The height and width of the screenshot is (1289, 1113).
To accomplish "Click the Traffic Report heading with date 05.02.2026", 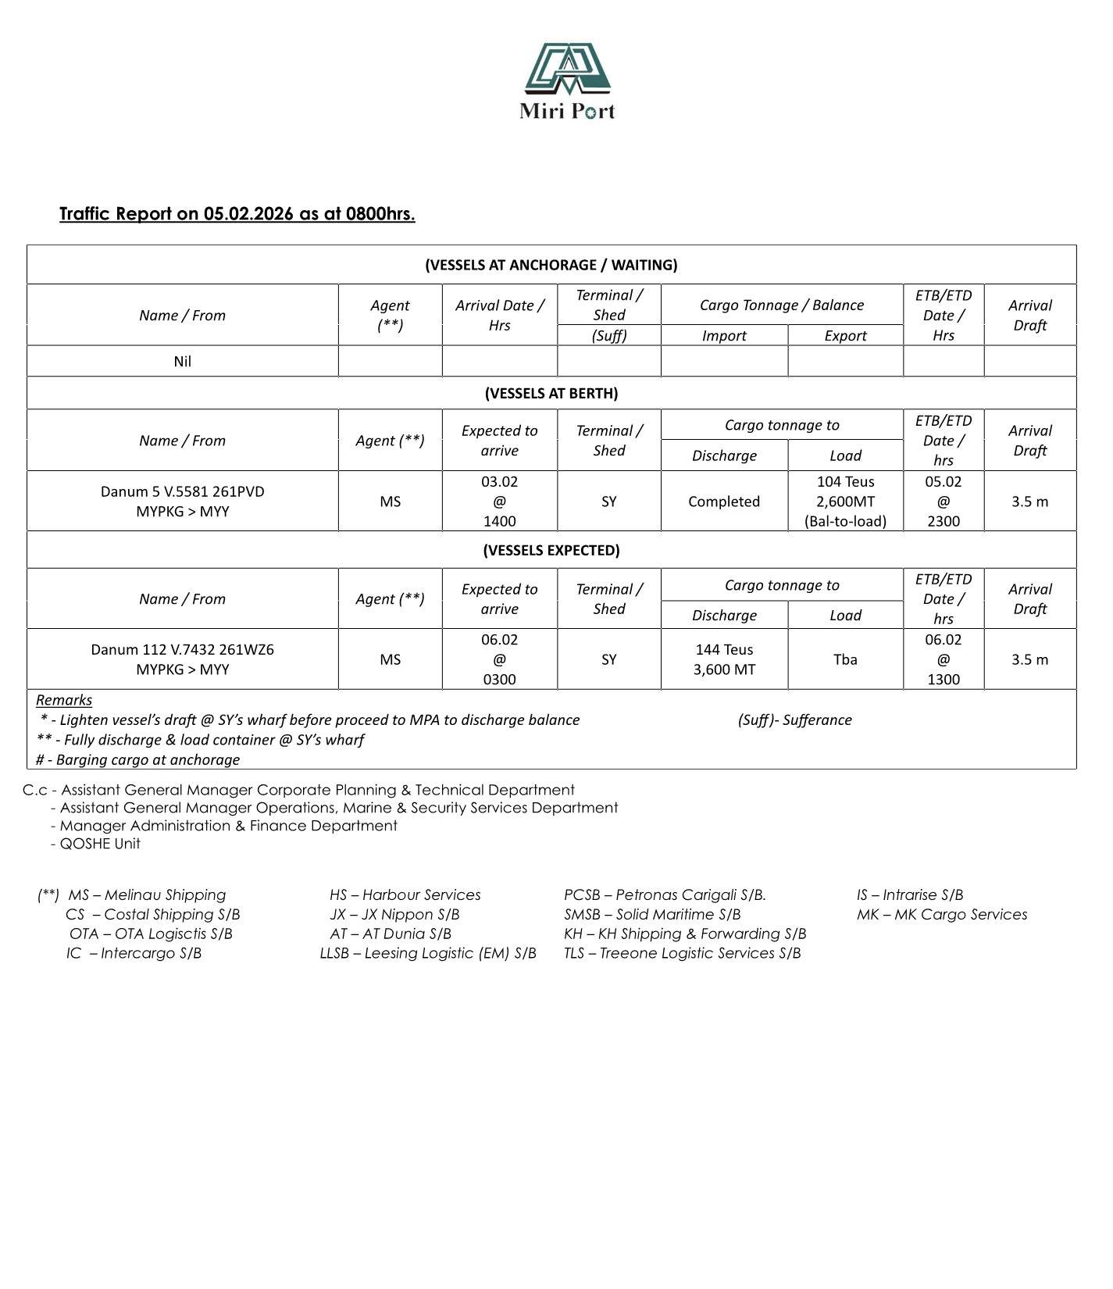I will pyautogui.click(x=237, y=214).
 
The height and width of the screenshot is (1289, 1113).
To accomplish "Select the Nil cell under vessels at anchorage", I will pyautogui.click(x=182, y=362).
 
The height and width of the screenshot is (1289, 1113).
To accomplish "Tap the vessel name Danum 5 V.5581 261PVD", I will pyautogui.click(x=182, y=491).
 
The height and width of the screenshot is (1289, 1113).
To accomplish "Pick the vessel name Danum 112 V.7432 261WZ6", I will pyautogui.click(x=182, y=650).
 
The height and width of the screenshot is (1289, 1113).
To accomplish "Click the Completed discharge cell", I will pyautogui.click(x=723, y=502).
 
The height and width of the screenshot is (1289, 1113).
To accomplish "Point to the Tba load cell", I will pyautogui.click(x=845, y=659).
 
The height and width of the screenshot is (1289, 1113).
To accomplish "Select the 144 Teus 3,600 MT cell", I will pyautogui.click(x=724, y=659).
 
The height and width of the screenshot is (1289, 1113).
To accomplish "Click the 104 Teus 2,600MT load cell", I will pyautogui.click(x=845, y=502).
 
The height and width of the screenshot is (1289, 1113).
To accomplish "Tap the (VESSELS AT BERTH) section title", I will pyautogui.click(x=551, y=393).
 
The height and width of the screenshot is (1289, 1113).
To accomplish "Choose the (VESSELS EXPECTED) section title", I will pyautogui.click(x=551, y=550).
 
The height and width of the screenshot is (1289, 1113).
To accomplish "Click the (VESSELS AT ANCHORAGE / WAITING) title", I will pyautogui.click(x=551, y=265).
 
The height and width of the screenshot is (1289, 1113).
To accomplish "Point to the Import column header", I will pyautogui.click(x=724, y=336).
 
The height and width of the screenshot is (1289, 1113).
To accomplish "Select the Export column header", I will pyautogui.click(x=845, y=336).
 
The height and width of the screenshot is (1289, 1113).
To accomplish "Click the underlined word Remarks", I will pyautogui.click(x=64, y=700).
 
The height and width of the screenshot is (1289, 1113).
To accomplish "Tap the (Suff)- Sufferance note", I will pyautogui.click(x=794, y=720).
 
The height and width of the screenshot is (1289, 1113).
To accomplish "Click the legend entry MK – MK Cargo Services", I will pyautogui.click(x=941, y=915).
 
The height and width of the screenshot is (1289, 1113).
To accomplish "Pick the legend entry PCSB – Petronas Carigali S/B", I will pyautogui.click(x=665, y=895).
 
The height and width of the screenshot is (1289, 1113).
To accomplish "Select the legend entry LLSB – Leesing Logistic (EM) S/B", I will pyautogui.click(x=428, y=953).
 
